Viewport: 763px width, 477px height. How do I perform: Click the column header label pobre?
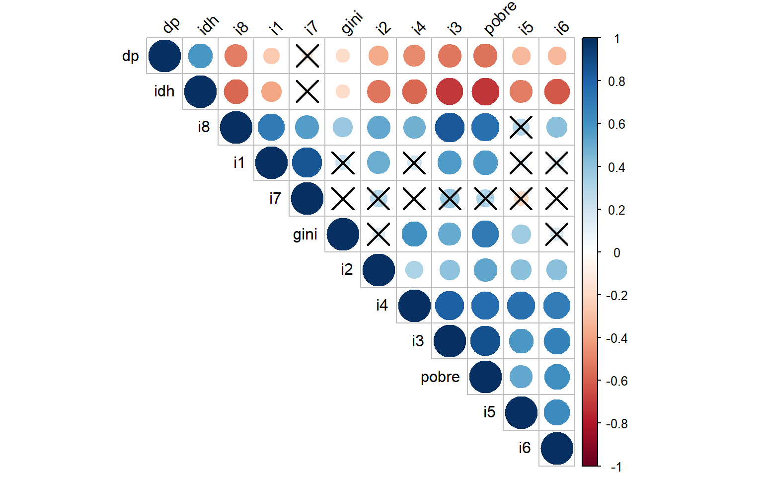pyautogui.click(x=500, y=18)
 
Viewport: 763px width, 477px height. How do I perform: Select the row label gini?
pyautogui.click(x=305, y=234)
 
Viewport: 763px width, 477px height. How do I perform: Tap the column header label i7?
pyautogui.click(x=311, y=27)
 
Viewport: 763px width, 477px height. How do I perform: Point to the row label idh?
pyautogui.click(x=164, y=91)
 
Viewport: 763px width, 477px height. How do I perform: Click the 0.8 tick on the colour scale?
pyautogui.click(x=616, y=81)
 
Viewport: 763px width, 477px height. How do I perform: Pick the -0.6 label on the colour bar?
pyautogui.click(x=616, y=381)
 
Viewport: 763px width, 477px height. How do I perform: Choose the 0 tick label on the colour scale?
pyautogui.click(x=616, y=253)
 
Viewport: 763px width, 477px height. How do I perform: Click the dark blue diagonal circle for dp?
pyautogui.click(x=164, y=56)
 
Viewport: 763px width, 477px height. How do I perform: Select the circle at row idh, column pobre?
pyautogui.click(x=485, y=91)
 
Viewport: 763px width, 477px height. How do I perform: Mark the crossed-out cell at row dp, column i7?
pyautogui.click(x=307, y=56)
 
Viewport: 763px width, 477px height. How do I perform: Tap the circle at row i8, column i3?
pyautogui.click(x=450, y=127)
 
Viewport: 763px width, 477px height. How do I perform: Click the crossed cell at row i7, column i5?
pyautogui.click(x=521, y=199)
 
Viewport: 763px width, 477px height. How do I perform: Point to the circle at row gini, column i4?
pyautogui.click(x=414, y=234)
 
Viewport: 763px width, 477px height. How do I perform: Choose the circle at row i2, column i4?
pyautogui.click(x=414, y=270)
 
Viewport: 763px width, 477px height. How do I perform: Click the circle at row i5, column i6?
pyautogui.click(x=557, y=412)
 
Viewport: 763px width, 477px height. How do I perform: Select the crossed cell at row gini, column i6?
pyautogui.click(x=557, y=234)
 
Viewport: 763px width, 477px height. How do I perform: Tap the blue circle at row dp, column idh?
pyautogui.click(x=200, y=56)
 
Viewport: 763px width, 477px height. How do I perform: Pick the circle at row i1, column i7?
pyautogui.click(x=307, y=162)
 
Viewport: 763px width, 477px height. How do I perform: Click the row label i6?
pyautogui.click(x=525, y=448)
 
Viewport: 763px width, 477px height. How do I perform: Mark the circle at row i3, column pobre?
pyautogui.click(x=485, y=341)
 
